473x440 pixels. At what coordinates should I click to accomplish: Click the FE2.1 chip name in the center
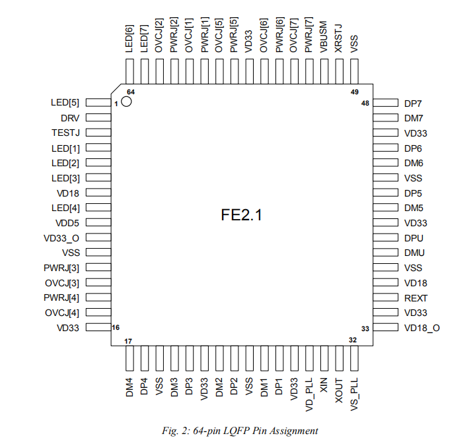pos(241,215)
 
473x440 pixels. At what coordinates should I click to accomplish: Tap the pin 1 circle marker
pos(126,103)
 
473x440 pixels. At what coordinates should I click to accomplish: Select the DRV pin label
pos(69,118)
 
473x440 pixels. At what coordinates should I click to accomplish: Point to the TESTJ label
pos(65,133)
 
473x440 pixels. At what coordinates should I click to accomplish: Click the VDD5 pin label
pos(67,223)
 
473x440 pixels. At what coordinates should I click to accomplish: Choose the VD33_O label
pos(61,238)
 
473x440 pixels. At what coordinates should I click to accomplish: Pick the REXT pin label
pos(416,298)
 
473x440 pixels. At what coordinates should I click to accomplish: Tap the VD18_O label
pos(422,328)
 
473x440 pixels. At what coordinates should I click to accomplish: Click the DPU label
pos(414,238)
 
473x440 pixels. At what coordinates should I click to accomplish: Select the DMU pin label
pos(414,253)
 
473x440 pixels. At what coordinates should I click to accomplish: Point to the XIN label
pos(324,386)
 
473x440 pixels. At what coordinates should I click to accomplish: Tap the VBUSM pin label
pos(324,39)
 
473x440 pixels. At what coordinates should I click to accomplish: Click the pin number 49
pos(355,92)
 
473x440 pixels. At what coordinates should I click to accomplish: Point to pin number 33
pos(365,329)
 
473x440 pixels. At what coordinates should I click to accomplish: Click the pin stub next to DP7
pos(384,104)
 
